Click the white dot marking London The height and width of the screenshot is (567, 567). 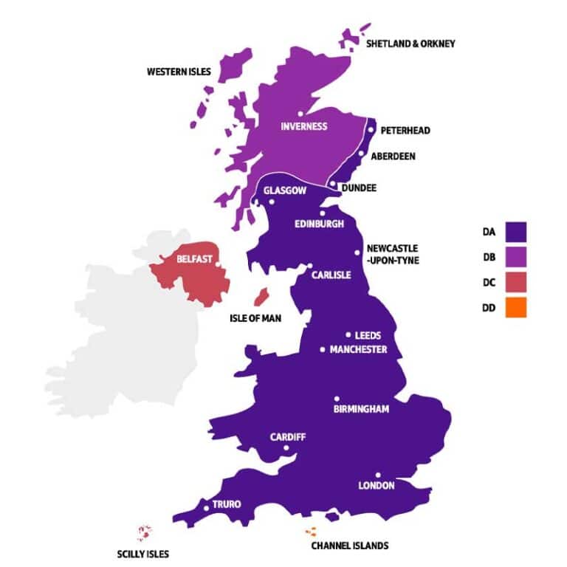pyautogui.click(x=378, y=475)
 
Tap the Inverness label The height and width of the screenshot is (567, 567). pyautogui.click(x=303, y=126)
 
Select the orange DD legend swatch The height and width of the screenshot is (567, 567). pyautogui.click(x=515, y=307)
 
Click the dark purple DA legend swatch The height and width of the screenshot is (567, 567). pyautogui.click(x=515, y=232)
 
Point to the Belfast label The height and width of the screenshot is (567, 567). pyautogui.click(x=195, y=259)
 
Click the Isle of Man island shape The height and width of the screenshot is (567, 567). pyautogui.click(x=260, y=298)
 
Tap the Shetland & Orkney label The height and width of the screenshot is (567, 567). pyautogui.click(x=411, y=44)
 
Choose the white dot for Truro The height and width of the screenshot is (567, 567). pyautogui.click(x=206, y=507)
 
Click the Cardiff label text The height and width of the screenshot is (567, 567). pyautogui.click(x=287, y=437)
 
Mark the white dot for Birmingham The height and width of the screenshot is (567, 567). pyautogui.click(x=337, y=399)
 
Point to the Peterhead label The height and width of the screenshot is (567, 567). pyautogui.click(x=405, y=131)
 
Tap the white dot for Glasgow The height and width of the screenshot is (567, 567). pyautogui.click(x=272, y=202)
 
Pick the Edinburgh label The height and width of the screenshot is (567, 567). pyautogui.click(x=319, y=224)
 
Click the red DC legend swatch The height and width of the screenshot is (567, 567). pyautogui.click(x=515, y=282)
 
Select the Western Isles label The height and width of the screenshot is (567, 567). pyautogui.click(x=179, y=72)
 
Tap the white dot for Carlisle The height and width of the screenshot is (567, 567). pyautogui.click(x=310, y=267)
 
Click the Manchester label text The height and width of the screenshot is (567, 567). pyautogui.click(x=358, y=349)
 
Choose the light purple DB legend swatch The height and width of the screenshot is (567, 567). pyautogui.click(x=515, y=257)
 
